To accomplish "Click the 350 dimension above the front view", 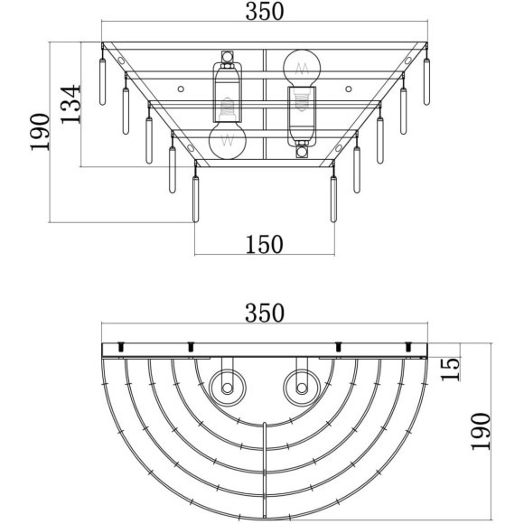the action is click(x=265, y=12).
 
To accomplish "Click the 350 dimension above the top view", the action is click(x=265, y=313).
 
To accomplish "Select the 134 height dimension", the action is click(x=70, y=104).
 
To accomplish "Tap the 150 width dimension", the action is click(x=265, y=244).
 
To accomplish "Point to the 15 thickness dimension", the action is click(x=450, y=370).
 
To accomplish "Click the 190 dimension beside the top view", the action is click(x=481, y=432).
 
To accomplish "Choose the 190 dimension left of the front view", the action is click(x=40, y=132).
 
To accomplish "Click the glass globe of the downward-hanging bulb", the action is click(x=228, y=140).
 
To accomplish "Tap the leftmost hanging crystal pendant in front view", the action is click(x=103, y=81).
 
